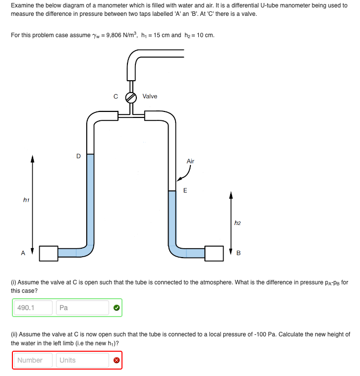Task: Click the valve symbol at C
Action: (x=131, y=97)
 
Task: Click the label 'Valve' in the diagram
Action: (x=150, y=96)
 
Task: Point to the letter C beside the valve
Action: (x=116, y=97)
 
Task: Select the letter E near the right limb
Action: (x=185, y=190)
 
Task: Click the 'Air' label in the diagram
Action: (x=190, y=161)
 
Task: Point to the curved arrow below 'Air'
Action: (x=184, y=174)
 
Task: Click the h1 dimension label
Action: (x=26, y=200)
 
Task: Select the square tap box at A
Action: (x=49, y=253)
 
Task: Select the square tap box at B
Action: (x=214, y=253)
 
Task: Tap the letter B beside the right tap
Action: (x=238, y=254)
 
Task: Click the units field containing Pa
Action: (x=82, y=308)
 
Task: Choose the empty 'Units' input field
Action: (x=82, y=360)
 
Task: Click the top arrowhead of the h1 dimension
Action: (x=33, y=160)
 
